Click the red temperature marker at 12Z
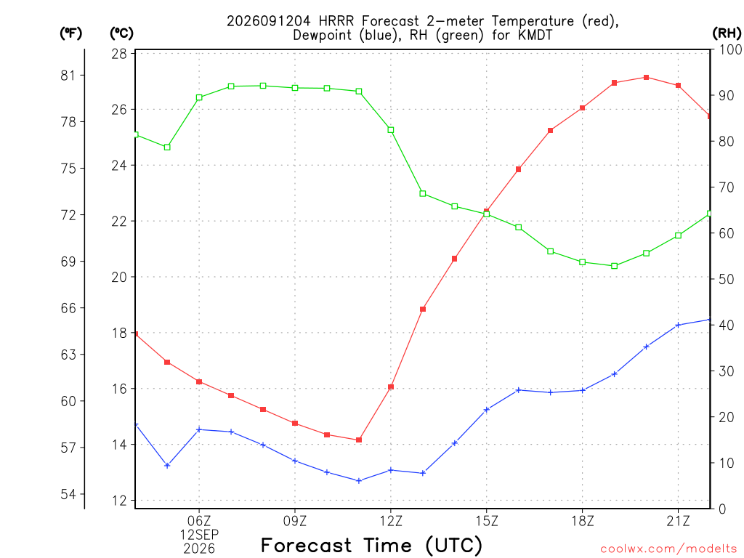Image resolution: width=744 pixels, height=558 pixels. pyautogui.click(x=391, y=387)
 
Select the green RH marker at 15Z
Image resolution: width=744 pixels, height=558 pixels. pyautogui.click(x=486, y=214)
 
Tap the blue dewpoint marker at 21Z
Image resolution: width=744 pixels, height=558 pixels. pyautogui.click(x=678, y=325)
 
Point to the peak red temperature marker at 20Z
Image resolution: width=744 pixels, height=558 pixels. pyautogui.click(x=646, y=77)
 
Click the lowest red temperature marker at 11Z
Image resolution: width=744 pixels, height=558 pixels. pyautogui.click(x=359, y=440)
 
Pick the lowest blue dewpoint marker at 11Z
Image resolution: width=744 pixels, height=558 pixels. pyautogui.click(x=359, y=481)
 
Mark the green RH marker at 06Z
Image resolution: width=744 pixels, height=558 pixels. pyautogui.click(x=199, y=98)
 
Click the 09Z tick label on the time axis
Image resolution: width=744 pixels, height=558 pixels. pyautogui.click(x=295, y=521)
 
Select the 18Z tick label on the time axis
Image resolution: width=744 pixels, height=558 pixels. pyautogui.click(x=582, y=521)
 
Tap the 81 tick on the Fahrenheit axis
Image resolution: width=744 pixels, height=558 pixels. pyautogui.click(x=68, y=76)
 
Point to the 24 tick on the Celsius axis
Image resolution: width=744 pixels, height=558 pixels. pyautogui.click(x=120, y=166)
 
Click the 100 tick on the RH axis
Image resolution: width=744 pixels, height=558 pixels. pyautogui.click(x=730, y=49)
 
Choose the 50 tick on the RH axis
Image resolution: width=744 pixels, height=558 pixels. pyautogui.click(x=727, y=279)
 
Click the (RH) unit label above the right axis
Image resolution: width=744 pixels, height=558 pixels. pyautogui.click(x=727, y=33)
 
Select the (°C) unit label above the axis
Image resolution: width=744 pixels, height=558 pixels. pyautogui.click(x=121, y=33)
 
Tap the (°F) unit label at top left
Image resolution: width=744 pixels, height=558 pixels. pyautogui.click(x=70, y=33)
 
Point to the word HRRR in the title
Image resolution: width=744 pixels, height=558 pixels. pyautogui.click(x=336, y=21)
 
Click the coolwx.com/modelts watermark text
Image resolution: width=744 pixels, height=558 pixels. pyautogui.click(x=668, y=549)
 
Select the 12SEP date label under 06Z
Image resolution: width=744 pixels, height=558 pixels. pyautogui.click(x=199, y=535)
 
